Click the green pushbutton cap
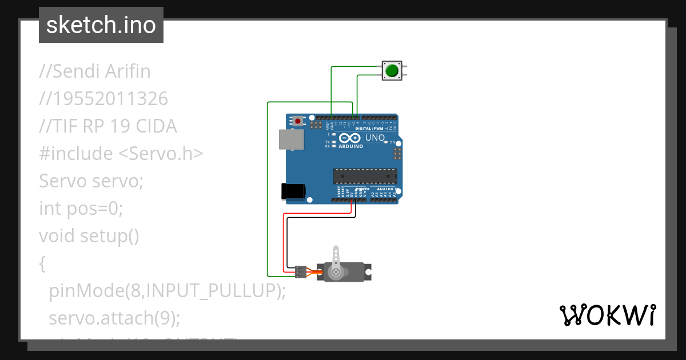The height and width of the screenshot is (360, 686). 392,70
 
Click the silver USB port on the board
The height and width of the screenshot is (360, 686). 290,139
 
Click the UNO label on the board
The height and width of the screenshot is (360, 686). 374,138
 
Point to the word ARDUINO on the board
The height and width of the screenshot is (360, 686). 350,146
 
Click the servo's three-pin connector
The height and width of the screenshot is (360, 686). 300,272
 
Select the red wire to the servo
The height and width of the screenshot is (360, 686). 284,240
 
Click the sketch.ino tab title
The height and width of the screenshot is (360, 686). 101,25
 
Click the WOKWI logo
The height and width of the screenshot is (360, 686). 607,315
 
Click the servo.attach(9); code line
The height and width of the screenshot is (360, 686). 114,318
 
